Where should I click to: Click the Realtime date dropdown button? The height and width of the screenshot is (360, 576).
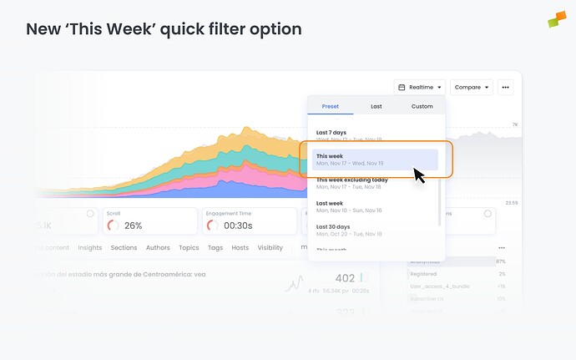pos(420,87)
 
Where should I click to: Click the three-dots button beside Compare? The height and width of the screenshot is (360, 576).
pos(505,87)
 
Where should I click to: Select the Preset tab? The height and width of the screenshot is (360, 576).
pos(330,106)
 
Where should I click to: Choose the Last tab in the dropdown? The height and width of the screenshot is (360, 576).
pos(376,106)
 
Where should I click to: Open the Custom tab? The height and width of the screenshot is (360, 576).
pos(422,106)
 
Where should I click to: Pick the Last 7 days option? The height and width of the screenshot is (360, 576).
pos(349,135)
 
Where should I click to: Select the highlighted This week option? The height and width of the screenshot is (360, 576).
pos(375,159)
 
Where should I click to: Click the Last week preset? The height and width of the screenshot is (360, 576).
pos(349,206)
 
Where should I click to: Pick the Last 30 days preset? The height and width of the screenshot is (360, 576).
pos(349,230)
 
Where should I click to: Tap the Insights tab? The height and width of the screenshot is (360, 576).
pos(89,248)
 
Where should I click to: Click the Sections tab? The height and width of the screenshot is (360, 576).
pos(124,248)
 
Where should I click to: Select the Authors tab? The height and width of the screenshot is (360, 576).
pos(158,248)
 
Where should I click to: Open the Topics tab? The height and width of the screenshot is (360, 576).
pos(189,248)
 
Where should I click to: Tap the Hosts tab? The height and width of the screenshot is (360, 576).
pos(240,248)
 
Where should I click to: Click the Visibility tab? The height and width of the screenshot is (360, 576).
pos(270,248)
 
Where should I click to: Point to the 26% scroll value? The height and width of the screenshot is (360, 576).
pos(134,226)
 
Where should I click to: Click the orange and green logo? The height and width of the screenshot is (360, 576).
pos(557,18)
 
